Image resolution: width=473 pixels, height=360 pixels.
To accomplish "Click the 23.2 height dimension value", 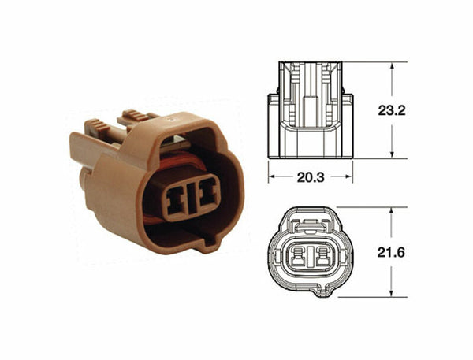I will tap(391, 110).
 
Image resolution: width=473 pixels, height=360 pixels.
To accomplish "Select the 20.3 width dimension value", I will tap(311, 178).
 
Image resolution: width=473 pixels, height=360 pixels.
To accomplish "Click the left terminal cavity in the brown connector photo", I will tap(174, 196).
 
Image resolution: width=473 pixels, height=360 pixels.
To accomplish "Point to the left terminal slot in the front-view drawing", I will tap(301, 258).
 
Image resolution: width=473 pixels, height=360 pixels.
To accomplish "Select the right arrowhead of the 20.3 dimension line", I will tap(349, 178).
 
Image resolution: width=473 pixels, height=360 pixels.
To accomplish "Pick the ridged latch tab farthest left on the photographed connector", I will tap(95, 127).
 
